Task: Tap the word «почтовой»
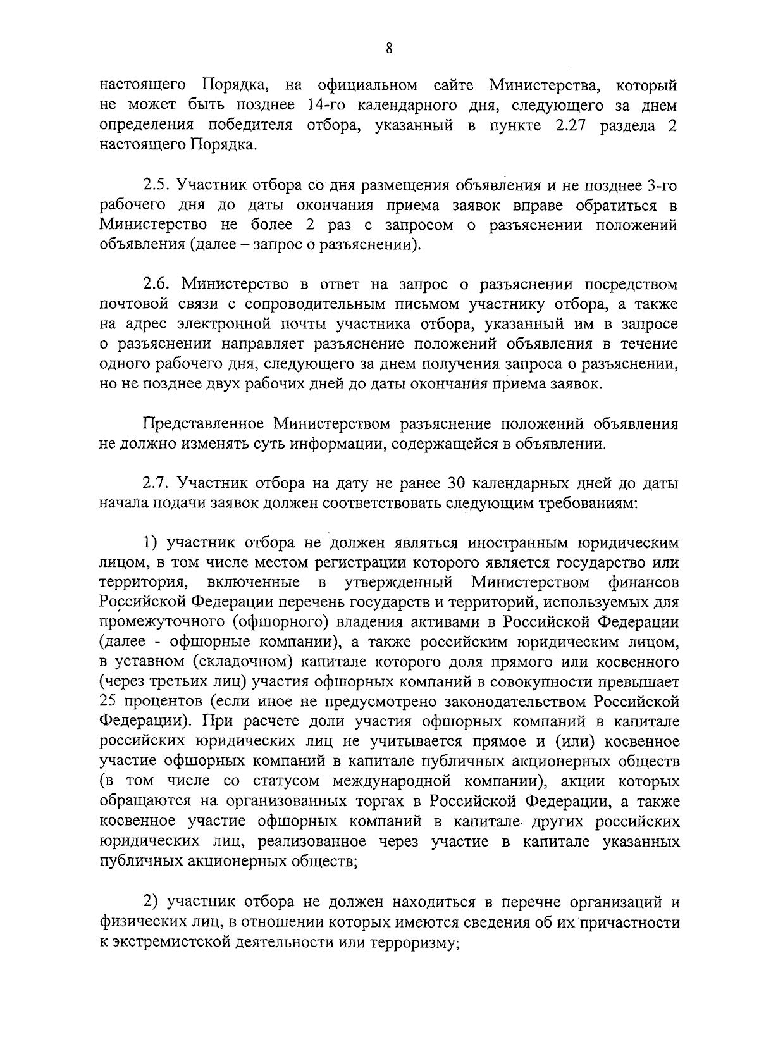[133, 305]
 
